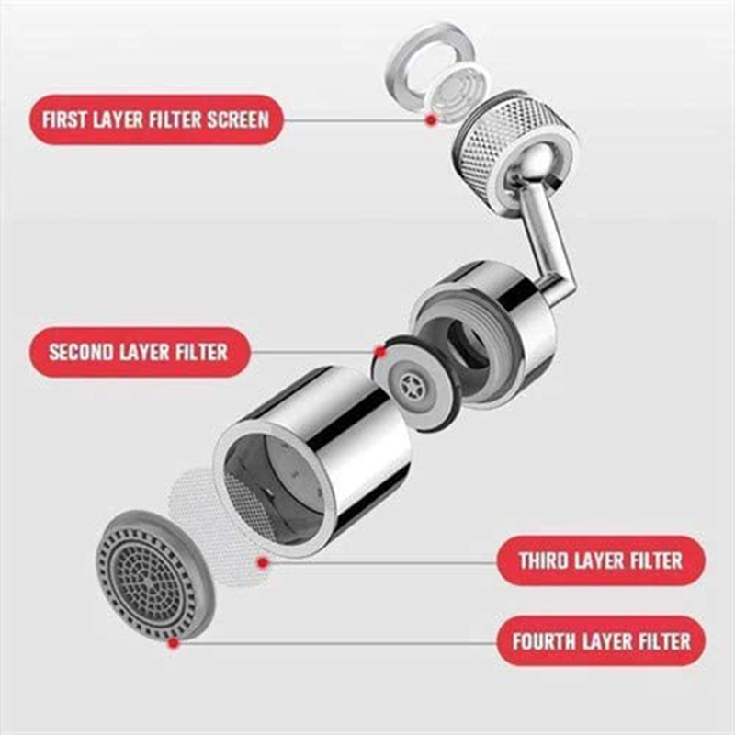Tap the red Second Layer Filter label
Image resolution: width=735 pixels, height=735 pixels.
139,352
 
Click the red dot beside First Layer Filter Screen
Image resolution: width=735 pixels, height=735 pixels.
429,119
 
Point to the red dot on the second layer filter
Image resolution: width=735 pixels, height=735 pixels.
379,351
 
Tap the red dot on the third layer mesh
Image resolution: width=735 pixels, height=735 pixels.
264,560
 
